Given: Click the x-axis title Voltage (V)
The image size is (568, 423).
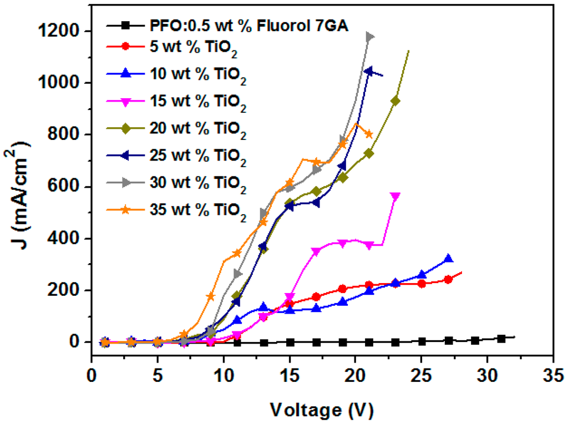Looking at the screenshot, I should click(x=321, y=411).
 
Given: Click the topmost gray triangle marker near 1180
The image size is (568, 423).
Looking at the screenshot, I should click(x=369, y=37).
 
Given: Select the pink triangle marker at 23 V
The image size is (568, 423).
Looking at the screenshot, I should click(x=395, y=197).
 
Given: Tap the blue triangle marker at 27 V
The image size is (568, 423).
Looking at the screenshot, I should click(x=448, y=259).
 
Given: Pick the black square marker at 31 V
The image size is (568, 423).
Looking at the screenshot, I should click(x=501, y=339).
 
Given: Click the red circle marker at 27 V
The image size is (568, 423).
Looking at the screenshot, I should click(x=448, y=279).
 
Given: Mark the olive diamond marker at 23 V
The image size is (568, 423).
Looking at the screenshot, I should click(x=395, y=101).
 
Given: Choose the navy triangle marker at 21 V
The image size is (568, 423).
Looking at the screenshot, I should click(x=368, y=71).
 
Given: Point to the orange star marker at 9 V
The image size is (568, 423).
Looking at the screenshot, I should click(x=211, y=296).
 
